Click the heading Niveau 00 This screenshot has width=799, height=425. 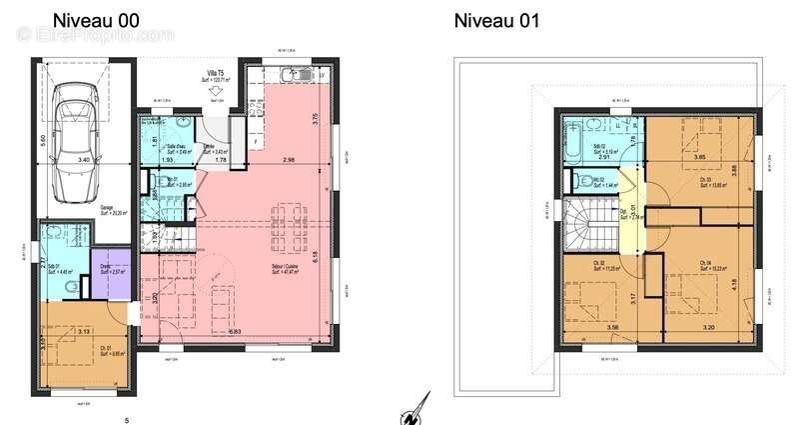[96, 20]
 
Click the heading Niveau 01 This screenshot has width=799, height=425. [497, 20]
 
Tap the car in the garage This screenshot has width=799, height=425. [78, 137]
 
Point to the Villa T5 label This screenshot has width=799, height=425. [215, 73]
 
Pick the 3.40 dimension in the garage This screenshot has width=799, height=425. [85, 159]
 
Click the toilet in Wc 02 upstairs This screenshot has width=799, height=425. [579, 180]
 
